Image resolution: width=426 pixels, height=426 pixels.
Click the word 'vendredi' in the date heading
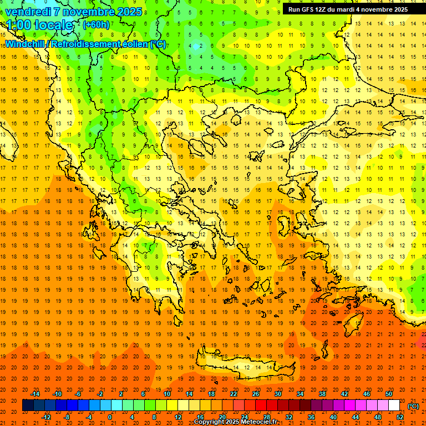click(29, 11)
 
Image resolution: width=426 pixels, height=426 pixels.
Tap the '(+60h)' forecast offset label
click(96, 25)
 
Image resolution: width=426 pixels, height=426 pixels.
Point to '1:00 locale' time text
click(39, 25)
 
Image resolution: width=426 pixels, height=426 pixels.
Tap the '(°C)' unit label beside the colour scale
click(413, 406)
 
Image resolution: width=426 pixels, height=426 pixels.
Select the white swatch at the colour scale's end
click(394, 405)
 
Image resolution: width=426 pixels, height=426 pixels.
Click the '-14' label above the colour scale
click(35, 394)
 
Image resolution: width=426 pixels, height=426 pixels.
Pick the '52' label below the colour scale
click(400, 417)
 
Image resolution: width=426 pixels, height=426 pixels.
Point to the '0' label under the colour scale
click(110, 417)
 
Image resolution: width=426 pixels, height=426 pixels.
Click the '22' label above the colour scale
click(234, 394)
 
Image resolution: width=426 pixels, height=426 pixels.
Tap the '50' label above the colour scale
click(389, 394)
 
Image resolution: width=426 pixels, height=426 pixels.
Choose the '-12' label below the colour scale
click(47, 417)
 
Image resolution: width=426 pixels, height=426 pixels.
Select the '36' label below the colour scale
click(311, 417)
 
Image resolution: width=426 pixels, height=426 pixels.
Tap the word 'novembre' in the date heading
click(90, 11)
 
